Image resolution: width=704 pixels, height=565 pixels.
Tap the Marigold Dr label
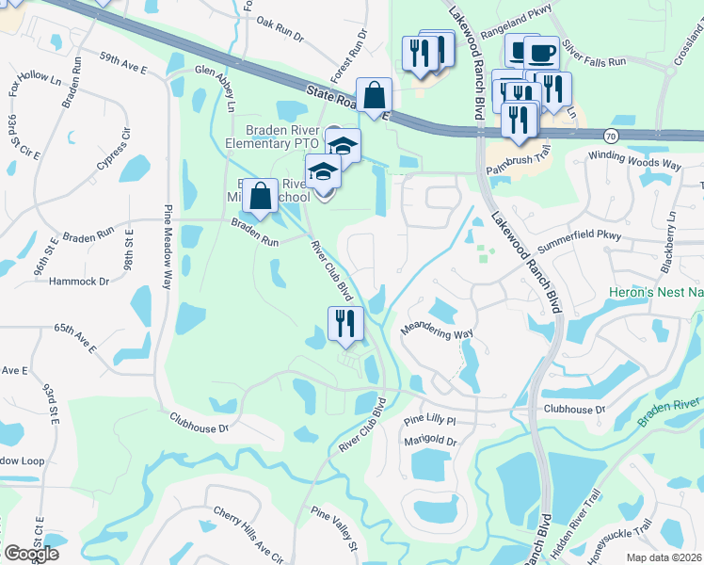click(x=432, y=441)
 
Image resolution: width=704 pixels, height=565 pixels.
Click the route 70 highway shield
click(x=611, y=136)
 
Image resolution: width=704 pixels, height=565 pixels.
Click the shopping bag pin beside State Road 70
click(x=374, y=94)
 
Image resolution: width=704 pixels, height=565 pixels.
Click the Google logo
click(x=31, y=554)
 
